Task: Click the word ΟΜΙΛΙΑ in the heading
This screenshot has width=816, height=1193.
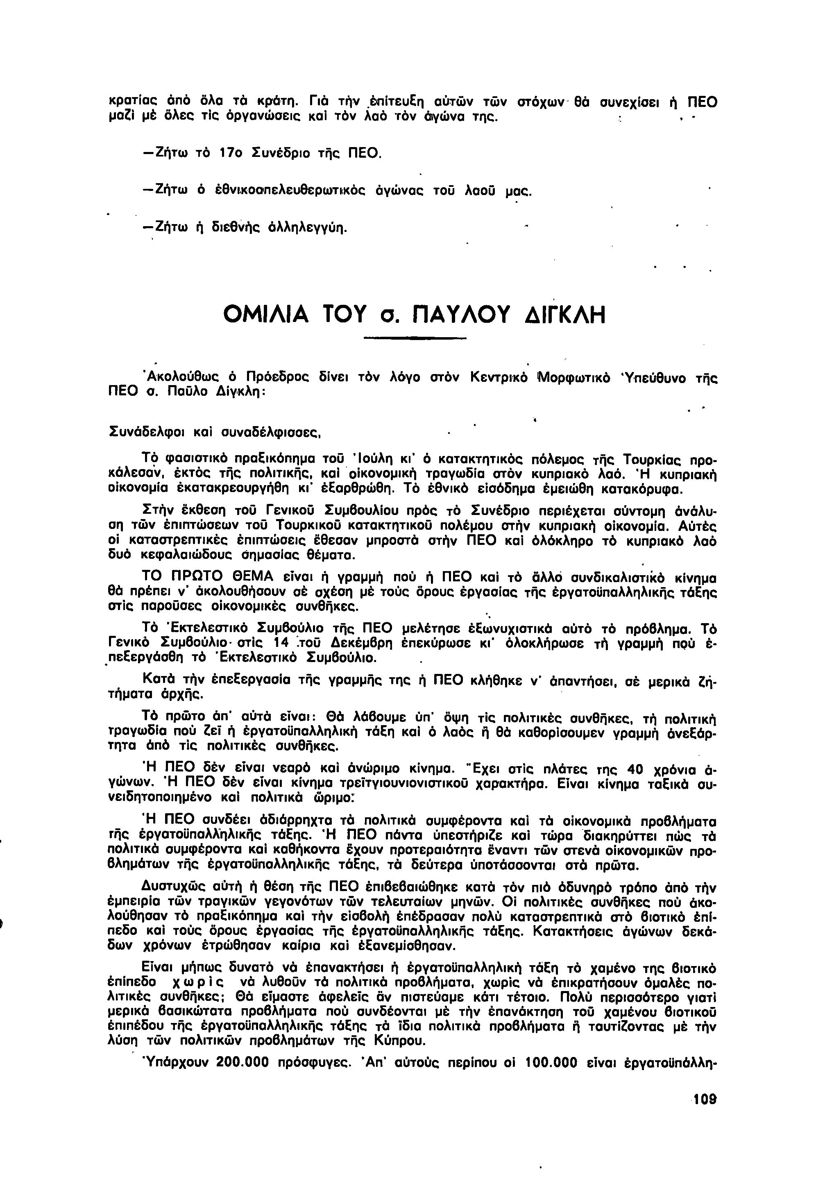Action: click(x=266, y=314)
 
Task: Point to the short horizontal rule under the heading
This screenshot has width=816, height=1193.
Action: click(x=414, y=338)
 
